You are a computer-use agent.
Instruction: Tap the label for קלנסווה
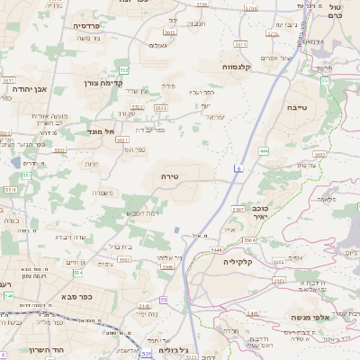click(x=241, y=67)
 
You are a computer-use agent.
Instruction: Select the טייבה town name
click(x=323, y=106)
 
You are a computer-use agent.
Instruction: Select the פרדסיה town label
click(x=92, y=27)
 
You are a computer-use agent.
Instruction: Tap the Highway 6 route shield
click(x=238, y=168)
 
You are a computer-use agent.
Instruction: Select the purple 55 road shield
click(x=164, y=299)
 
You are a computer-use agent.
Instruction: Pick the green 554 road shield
click(x=78, y=273)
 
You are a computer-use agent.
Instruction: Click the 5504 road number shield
click(x=249, y=240)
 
